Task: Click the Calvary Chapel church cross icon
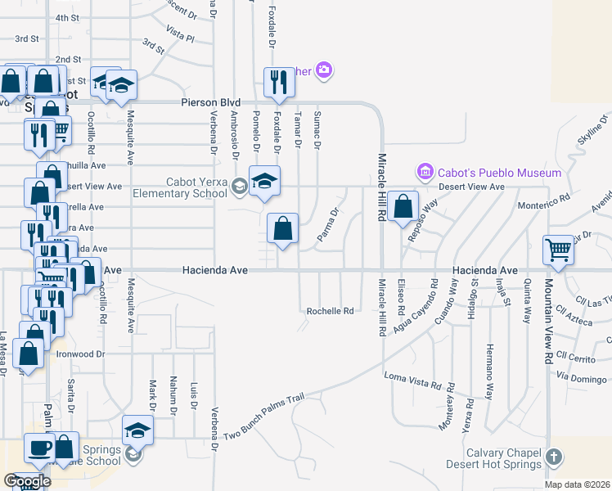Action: (554, 457)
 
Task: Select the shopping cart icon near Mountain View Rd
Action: (559, 250)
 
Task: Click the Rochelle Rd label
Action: (330, 311)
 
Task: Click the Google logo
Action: (28, 481)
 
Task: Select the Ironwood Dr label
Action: (81, 354)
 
